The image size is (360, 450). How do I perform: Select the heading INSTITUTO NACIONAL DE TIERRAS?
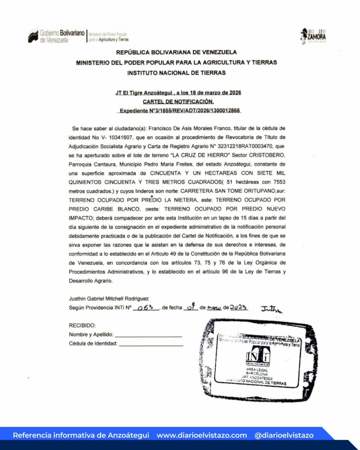tap(176, 73)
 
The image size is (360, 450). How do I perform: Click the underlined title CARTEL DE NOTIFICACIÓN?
tap(178, 102)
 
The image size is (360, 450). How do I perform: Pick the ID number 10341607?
tap(116, 137)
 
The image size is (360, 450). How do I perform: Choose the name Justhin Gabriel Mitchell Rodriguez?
tap(109, 299)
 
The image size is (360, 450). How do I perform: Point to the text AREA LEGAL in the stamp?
tap(257, 370)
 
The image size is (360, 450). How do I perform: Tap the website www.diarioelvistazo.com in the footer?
tap(202, 435)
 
